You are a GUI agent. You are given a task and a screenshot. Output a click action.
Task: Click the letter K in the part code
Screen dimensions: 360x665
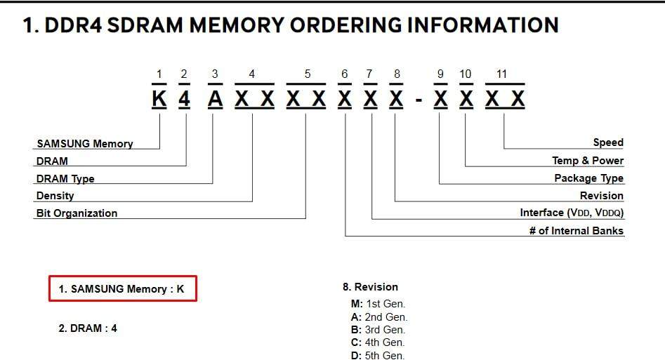click(159, 100)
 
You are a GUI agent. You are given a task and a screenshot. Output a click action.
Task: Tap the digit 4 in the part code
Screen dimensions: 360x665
click(184, 100)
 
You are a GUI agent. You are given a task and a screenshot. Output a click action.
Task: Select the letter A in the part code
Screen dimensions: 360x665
click(215, 100)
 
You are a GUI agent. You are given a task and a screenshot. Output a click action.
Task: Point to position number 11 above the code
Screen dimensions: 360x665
click(501, 74)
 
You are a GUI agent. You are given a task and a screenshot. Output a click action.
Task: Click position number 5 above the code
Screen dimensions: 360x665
click(307, 74)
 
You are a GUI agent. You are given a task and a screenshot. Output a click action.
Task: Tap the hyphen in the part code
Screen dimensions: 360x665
click(419, 101)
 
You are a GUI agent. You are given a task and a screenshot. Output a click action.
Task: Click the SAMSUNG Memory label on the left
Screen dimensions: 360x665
click(84, 143)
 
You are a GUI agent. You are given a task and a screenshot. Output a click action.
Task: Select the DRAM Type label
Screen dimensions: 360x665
click(65, 178)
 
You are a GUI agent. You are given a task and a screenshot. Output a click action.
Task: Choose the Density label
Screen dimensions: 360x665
click(55, 196)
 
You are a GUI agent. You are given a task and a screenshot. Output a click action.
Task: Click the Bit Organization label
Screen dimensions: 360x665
click(77, 213)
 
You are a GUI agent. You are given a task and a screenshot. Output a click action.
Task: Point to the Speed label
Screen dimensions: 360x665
click(608, 142)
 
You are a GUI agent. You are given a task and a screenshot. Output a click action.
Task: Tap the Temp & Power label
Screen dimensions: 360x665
click(588, 160)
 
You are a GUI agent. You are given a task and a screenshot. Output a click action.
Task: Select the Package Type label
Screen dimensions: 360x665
click(588, 178)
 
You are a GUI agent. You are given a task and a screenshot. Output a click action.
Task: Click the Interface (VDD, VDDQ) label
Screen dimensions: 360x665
click(572, 212)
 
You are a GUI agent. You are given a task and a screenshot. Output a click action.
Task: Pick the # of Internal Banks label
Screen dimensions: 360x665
click(576, 230)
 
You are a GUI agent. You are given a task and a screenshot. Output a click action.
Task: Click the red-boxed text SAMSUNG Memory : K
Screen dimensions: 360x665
click(122, 288)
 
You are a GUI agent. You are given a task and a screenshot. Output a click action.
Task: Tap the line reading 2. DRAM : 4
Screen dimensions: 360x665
click(88, 328)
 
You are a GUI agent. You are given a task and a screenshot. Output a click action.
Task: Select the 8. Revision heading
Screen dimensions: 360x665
click(370, 286)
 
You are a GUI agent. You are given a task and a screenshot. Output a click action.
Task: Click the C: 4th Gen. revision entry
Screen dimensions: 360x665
click(377, 342)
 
